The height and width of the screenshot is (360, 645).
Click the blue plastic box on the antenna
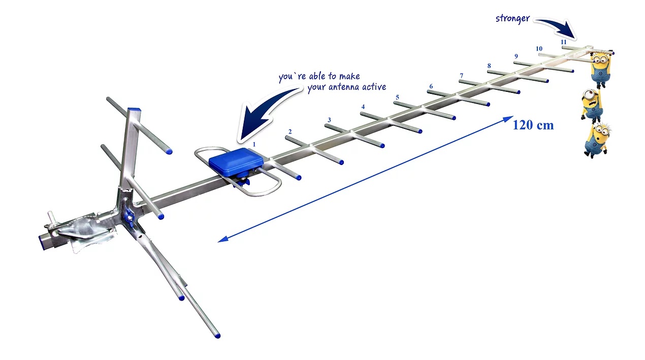tap(236, 162)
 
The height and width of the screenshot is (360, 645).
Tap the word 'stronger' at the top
tap(512, 19)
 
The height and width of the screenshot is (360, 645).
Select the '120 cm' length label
tap(533, 125)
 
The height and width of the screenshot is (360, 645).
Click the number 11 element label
tap(564, 42)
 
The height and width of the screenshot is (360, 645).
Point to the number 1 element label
tap(254, 145)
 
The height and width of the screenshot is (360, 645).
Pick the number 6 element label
tap(431, 86)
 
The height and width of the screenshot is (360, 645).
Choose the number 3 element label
tap(330, 120)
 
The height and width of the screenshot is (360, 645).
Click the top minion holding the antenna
tap(600, 69)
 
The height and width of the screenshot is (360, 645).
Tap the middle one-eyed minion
tap(592, 106)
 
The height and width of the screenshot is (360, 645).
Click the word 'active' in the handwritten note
tap(374, 87)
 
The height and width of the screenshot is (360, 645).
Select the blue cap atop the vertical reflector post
tap(134, 110)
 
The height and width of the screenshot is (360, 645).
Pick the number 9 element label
tap(517, 56)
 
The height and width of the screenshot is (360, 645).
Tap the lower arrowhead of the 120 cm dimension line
tap(223, 239)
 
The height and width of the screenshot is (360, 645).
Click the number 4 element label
tap(363, 107)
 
